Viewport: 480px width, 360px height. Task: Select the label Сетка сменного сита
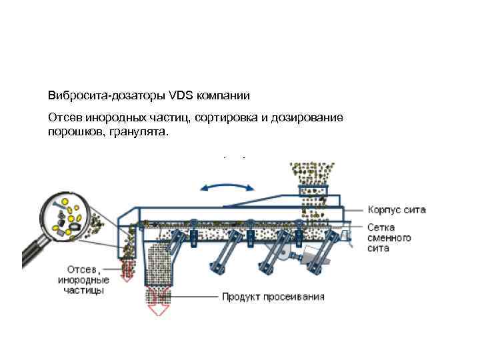click(389, 238)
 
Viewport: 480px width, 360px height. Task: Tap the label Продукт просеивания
click(273, 296)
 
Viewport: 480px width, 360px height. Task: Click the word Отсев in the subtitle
click(63, 118)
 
